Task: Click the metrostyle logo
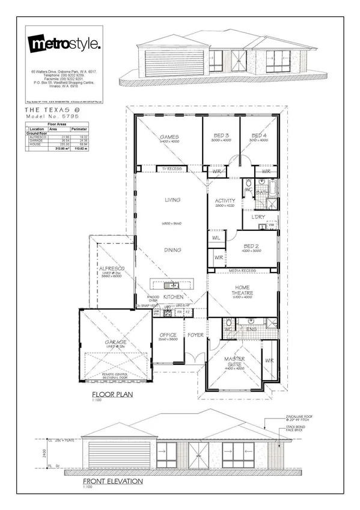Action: point(65,44)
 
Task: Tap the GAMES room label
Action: point(169,137)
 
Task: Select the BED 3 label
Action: point(221,136)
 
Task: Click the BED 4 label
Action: point(259,136)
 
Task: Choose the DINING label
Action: point(173,250)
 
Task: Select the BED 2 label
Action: point(252,245)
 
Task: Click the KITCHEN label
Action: point(173,297)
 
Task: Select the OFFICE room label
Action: point(168,335)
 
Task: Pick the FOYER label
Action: point(195,334)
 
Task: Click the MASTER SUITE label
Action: point(235,361)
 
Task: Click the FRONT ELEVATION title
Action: point(112,481)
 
